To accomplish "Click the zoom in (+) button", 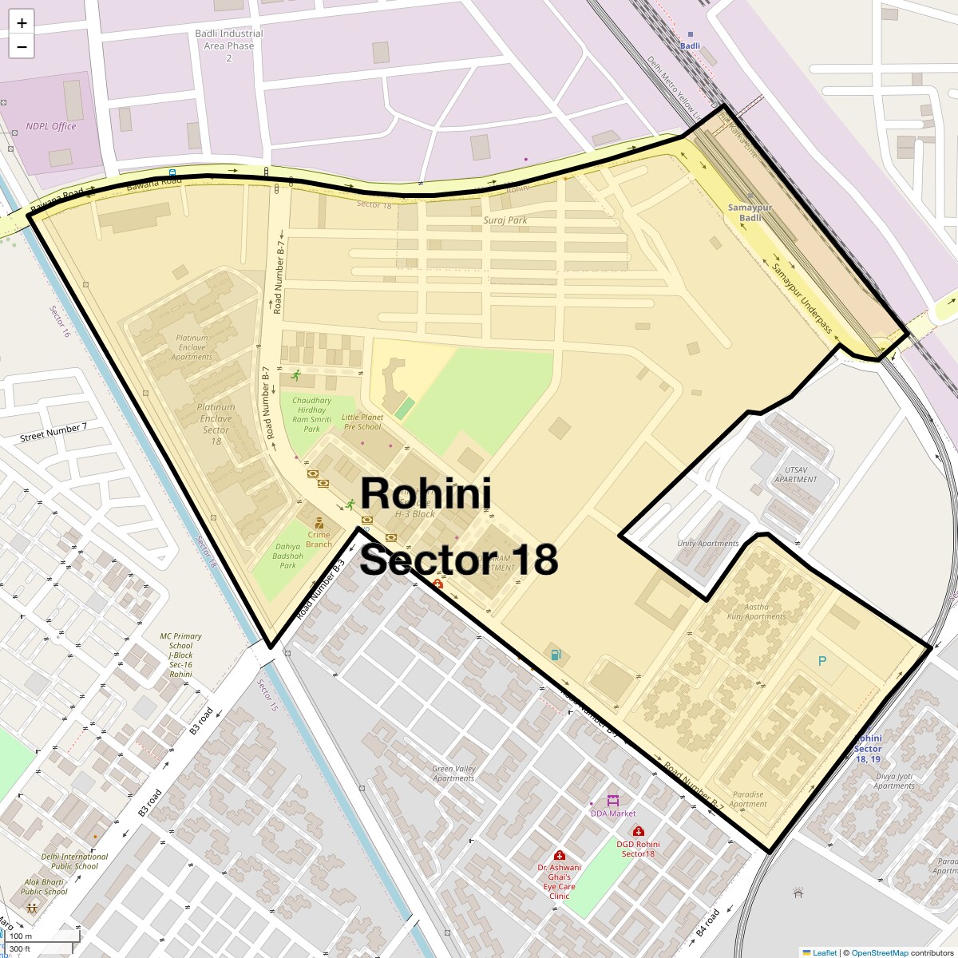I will [22, 23].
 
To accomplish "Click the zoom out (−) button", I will [22, 47].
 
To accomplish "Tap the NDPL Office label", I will [50, 126].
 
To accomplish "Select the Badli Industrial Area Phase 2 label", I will [228, 46].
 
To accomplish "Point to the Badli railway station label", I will [690, 46].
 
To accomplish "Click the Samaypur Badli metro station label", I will [750, 213].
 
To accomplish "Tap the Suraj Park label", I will [505, 220].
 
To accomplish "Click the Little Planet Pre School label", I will [362, 422].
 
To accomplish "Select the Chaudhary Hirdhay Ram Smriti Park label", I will [311, 414].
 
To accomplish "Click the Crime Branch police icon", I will [319, 523].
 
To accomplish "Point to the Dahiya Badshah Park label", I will [287, 556].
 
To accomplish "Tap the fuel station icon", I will [556, 655].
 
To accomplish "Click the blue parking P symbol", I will [822, 661].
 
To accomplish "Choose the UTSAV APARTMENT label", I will [795, 475].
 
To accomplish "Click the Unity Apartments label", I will [707, 544].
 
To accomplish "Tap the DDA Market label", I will [613, 814].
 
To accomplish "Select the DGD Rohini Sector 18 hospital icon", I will [639, 831].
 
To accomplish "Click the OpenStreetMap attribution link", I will [879, 952].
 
